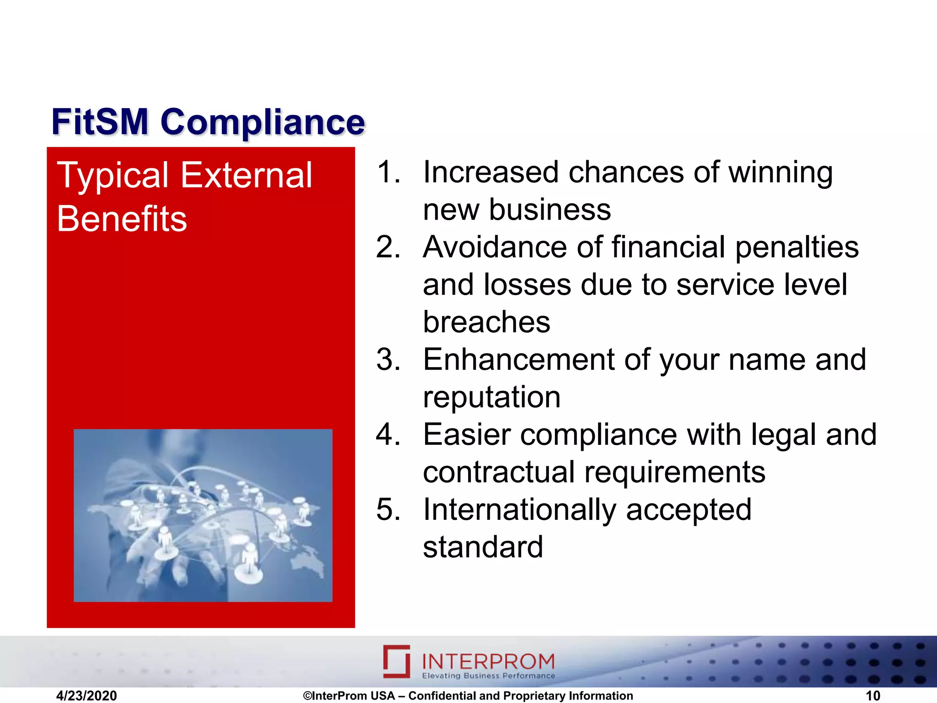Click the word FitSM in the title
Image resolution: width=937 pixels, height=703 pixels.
[100, 122]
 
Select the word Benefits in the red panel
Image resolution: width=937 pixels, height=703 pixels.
[122, 219]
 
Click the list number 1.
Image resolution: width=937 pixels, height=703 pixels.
[388, 173]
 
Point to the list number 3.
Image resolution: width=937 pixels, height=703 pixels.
[388, 360]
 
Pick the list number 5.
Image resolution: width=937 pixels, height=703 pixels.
[388, 510]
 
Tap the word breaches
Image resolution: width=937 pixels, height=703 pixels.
[486, 322]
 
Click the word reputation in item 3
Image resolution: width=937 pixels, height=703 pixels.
[492, 397]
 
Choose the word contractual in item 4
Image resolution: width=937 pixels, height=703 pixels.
[498, 472]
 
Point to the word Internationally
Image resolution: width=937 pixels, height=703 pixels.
[519, 510]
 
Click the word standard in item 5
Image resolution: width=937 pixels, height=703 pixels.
[483, 547]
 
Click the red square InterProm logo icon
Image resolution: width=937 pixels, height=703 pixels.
[396, 661]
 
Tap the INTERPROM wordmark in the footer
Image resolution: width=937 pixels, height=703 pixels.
[488, 661]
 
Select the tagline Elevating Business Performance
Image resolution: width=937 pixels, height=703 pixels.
[488, 676]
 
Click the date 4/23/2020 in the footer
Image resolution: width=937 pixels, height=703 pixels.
[86, 696]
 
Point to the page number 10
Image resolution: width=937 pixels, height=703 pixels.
[872, 696]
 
